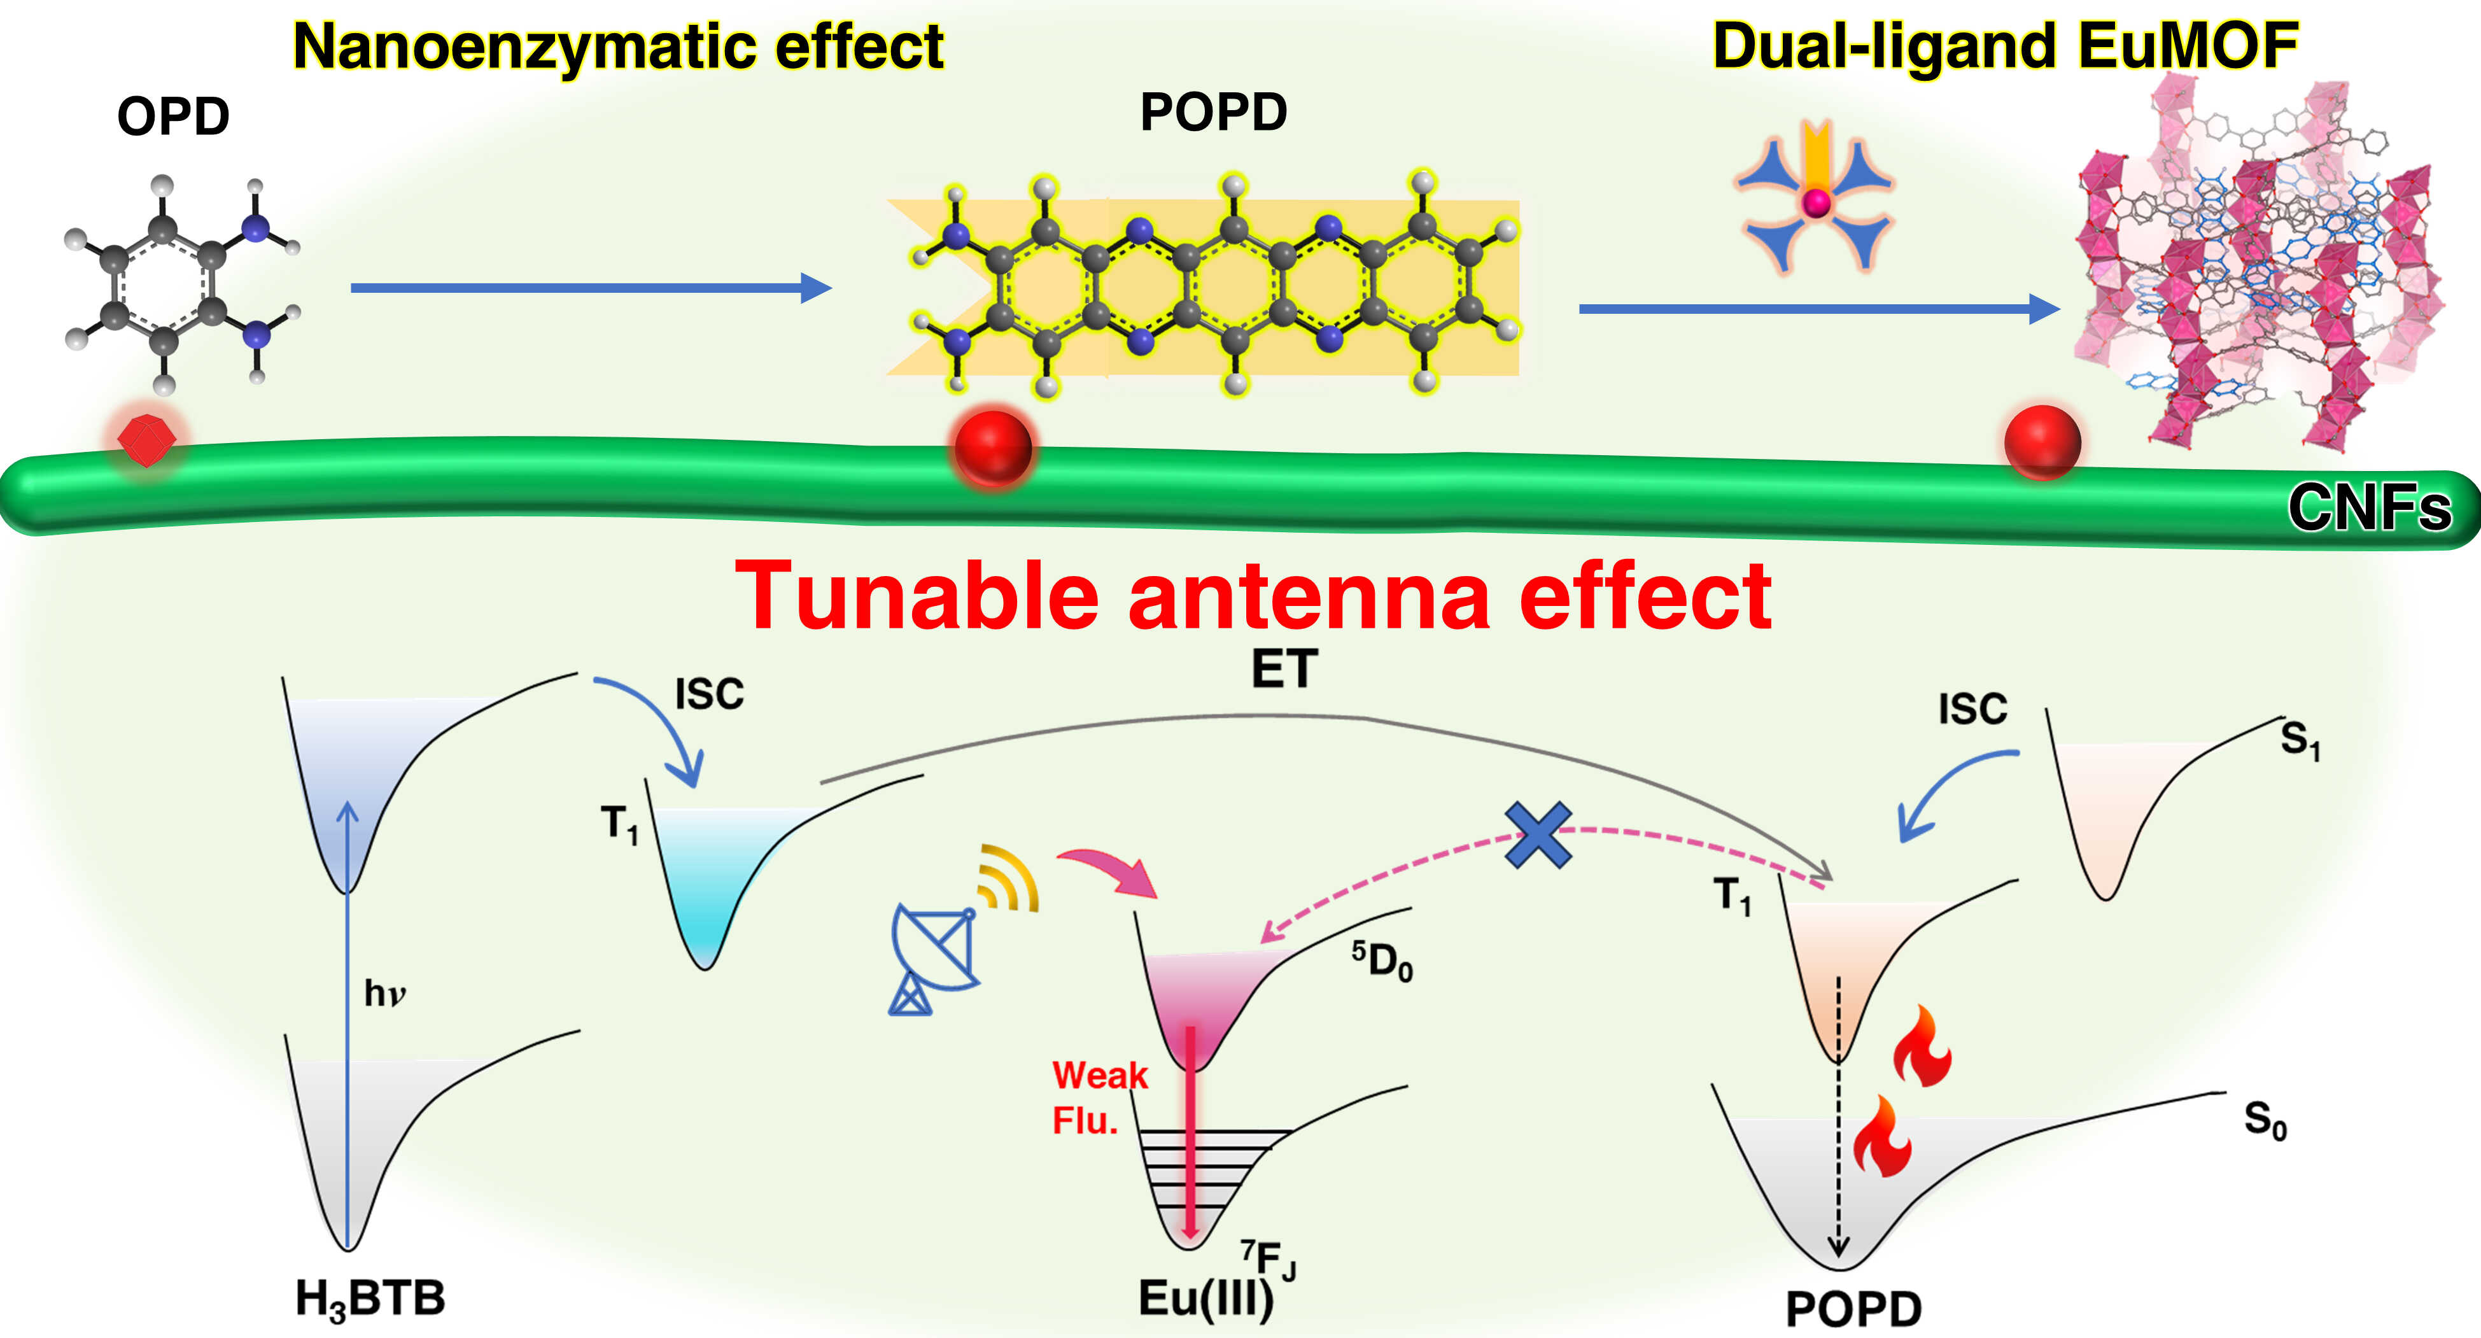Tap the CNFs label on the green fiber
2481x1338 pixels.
pyautogui.click(x=2368, y=508)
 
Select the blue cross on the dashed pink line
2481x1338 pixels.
pyautogui.click(x=1538, y=834)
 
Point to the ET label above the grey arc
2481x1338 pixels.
pyautogui.click(x=1284, y=668)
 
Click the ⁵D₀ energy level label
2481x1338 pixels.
pyautogui.click(x=1382, y=961)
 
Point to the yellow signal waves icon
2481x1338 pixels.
pyautogui.click(x=1008, y=878)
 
